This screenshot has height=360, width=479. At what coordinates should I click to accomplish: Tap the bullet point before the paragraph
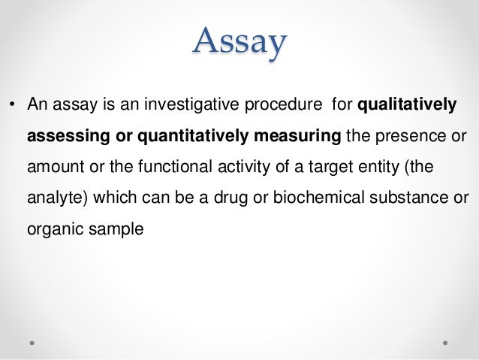click(x=11, y=105)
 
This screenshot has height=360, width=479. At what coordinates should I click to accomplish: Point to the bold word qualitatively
click(x=407, y=104)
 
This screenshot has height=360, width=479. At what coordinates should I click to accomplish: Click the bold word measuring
click(x=298, y=136)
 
